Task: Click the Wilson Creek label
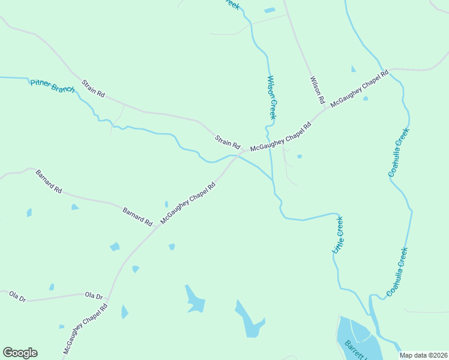tap(271, 97)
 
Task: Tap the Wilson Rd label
tap(317, 89)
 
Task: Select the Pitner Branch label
tap(53, 86)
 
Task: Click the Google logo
tap(20, 353)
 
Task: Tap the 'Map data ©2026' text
tap(423, 355)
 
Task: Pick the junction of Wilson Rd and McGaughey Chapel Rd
tap(325, 109)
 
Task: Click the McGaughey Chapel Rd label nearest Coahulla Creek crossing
tap(359, 89)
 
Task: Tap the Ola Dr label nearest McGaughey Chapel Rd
tap(94, 296)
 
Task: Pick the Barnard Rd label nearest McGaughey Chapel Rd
tap(137, 217)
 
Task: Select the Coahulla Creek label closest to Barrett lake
tap(397, 272)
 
